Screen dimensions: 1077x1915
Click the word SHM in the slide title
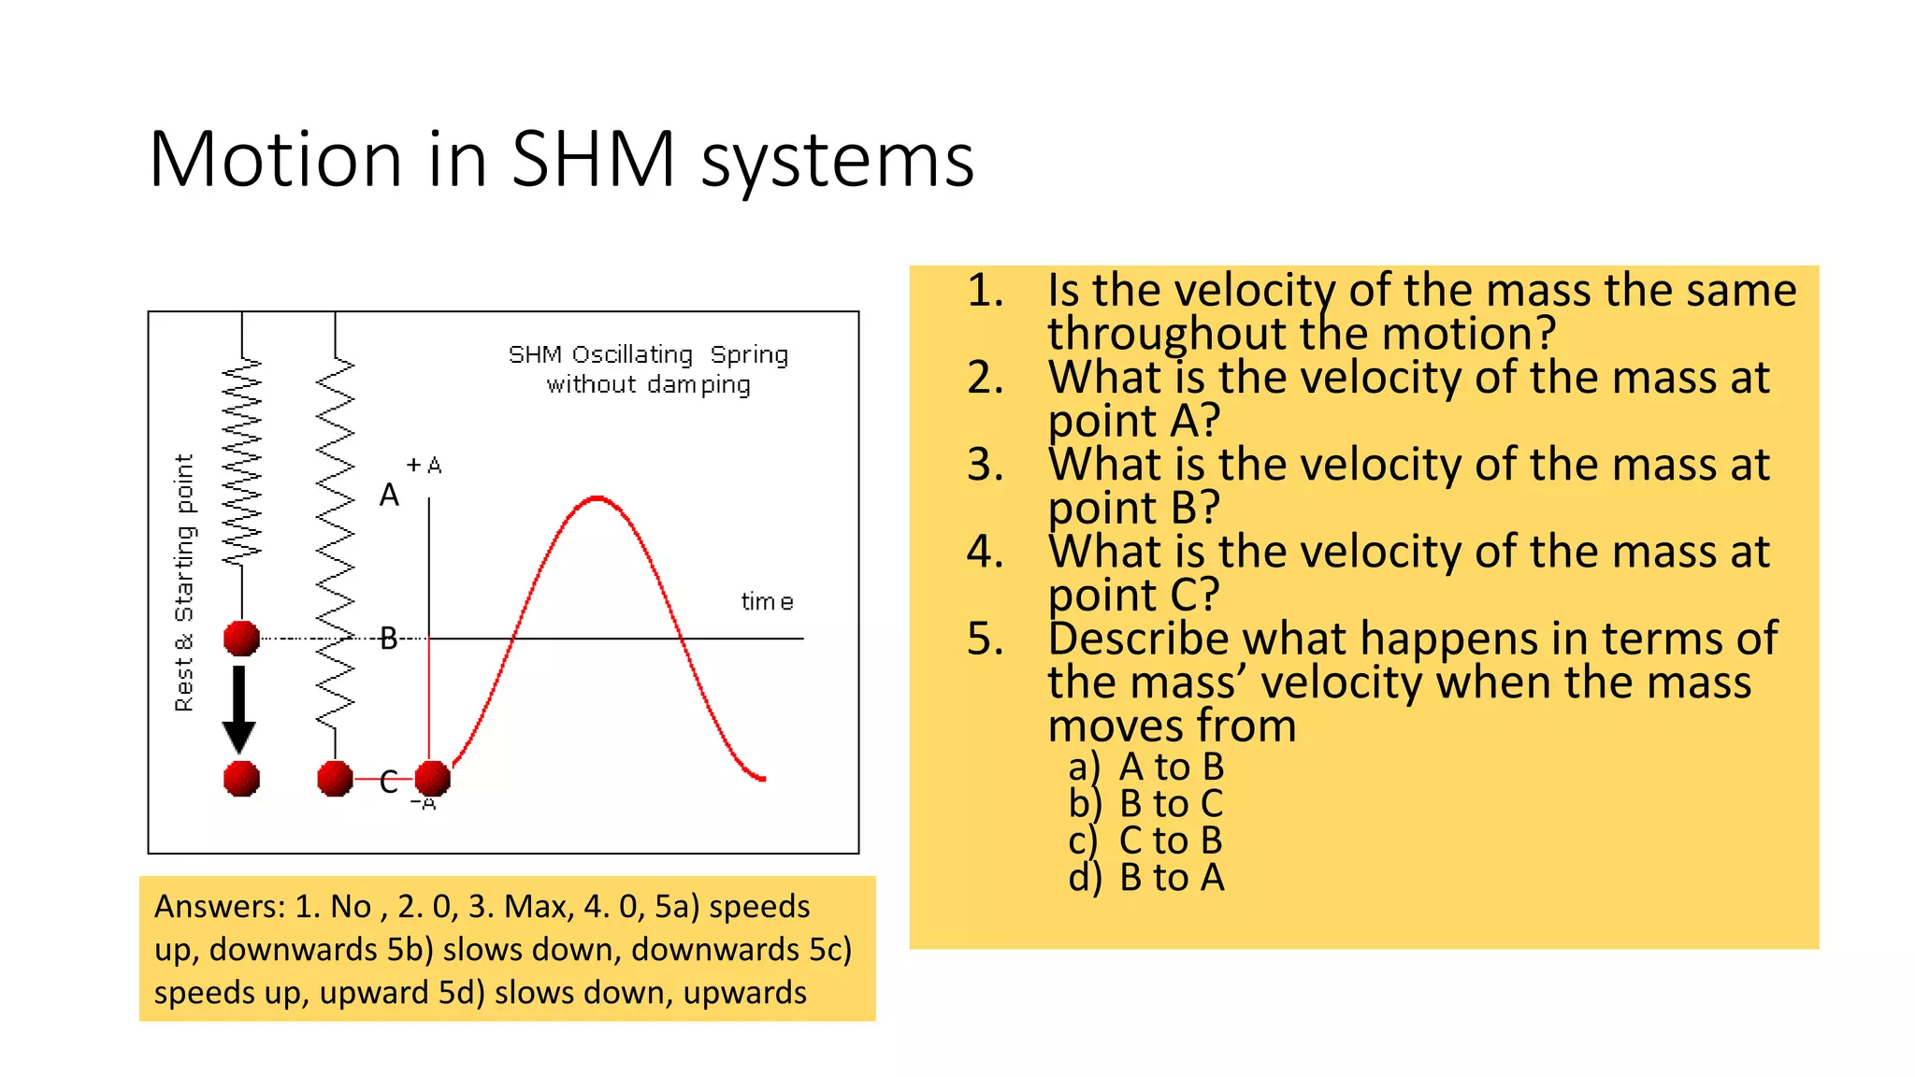[593, 159]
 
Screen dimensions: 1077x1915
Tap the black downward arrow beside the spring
[239, 708]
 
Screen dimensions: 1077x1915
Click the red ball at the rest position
[241, 639]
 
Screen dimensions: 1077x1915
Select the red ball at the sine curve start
[432, 778]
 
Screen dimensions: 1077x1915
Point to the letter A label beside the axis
[389, 495]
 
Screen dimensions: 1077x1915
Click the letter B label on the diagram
[389, 639]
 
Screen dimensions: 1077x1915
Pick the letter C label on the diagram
[389, 782]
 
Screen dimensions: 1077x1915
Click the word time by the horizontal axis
[767, 602]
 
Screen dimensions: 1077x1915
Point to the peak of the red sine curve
[598, 498]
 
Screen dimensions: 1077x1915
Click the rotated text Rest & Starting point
[184, 582]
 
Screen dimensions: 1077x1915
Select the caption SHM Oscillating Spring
[648, 355]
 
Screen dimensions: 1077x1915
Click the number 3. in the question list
[985, 465]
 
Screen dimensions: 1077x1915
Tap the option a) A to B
[1146, 767]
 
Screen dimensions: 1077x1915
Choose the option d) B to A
[1146, 878]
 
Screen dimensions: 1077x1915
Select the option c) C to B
[1146, 840]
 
